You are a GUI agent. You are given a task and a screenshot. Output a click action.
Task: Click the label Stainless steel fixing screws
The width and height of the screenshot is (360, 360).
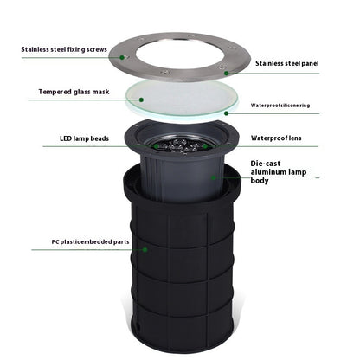(63, 49)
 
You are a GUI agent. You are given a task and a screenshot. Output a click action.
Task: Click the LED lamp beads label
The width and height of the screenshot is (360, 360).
(83, 138)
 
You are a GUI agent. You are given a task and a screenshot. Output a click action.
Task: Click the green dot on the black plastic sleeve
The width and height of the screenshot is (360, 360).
(146, 249)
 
